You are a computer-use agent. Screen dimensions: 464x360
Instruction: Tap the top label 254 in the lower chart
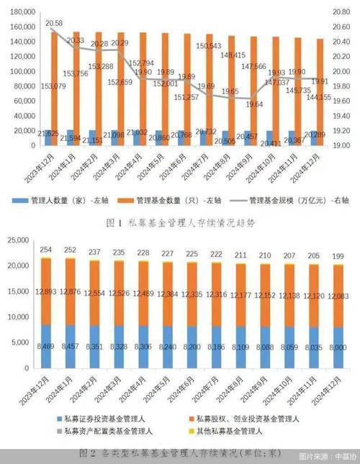click(47, 250)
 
